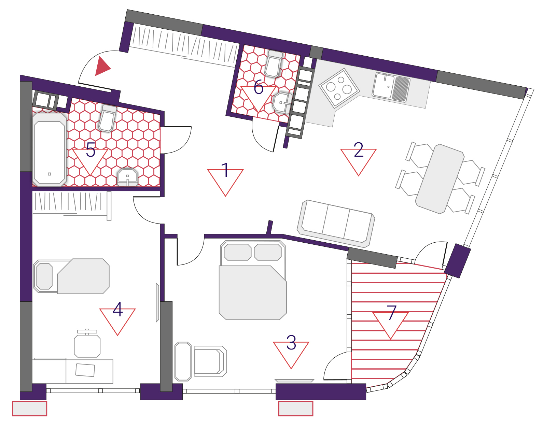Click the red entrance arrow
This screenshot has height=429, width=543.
click(x=101, y=66)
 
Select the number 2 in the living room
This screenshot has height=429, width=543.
click(x=359, y=149)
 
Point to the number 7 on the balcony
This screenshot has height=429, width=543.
click(x=392, y=313)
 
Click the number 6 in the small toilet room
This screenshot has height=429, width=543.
click(x=259, y=87)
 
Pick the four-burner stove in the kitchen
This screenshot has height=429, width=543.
click(x=339, y=88)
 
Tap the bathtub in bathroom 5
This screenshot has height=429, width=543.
click(x=50, y=149)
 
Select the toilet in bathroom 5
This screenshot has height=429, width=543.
click(x=108, y=118)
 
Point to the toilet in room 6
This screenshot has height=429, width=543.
click(x=274, y=63)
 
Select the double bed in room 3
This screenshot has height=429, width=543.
click(x=253, y=280)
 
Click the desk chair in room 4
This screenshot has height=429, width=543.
click(x=87, y=343)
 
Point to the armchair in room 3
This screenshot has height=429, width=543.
click(x=210, y=361)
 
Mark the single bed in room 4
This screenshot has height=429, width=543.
click(x=71, y=276)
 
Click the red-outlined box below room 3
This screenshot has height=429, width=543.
click(x=296, y=409)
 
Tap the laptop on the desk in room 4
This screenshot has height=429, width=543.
click(x=85, y=370)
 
